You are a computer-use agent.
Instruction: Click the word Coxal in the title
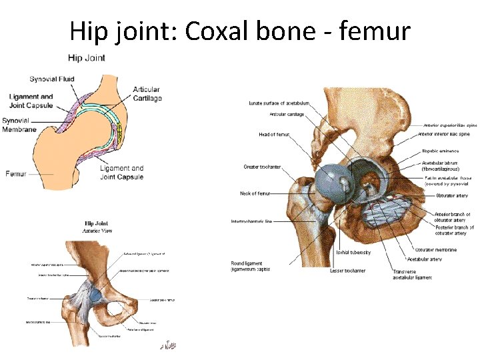[217, 31]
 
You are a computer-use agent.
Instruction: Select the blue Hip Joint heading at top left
[87, 58]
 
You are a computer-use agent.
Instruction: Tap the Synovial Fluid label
[51, 79]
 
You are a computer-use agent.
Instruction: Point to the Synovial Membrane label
[19, 125]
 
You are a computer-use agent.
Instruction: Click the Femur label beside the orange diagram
[15, 173]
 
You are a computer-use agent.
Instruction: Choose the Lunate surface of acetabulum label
[279, 103]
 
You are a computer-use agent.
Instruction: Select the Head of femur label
[274, 135]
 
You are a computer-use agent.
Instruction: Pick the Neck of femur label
[255, 193]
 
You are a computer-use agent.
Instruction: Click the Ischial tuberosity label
[353, 252]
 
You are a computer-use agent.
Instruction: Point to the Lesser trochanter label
[347, 271]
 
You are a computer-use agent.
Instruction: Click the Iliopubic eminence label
[440, 151]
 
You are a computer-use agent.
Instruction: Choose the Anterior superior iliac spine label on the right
[450, 125]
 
